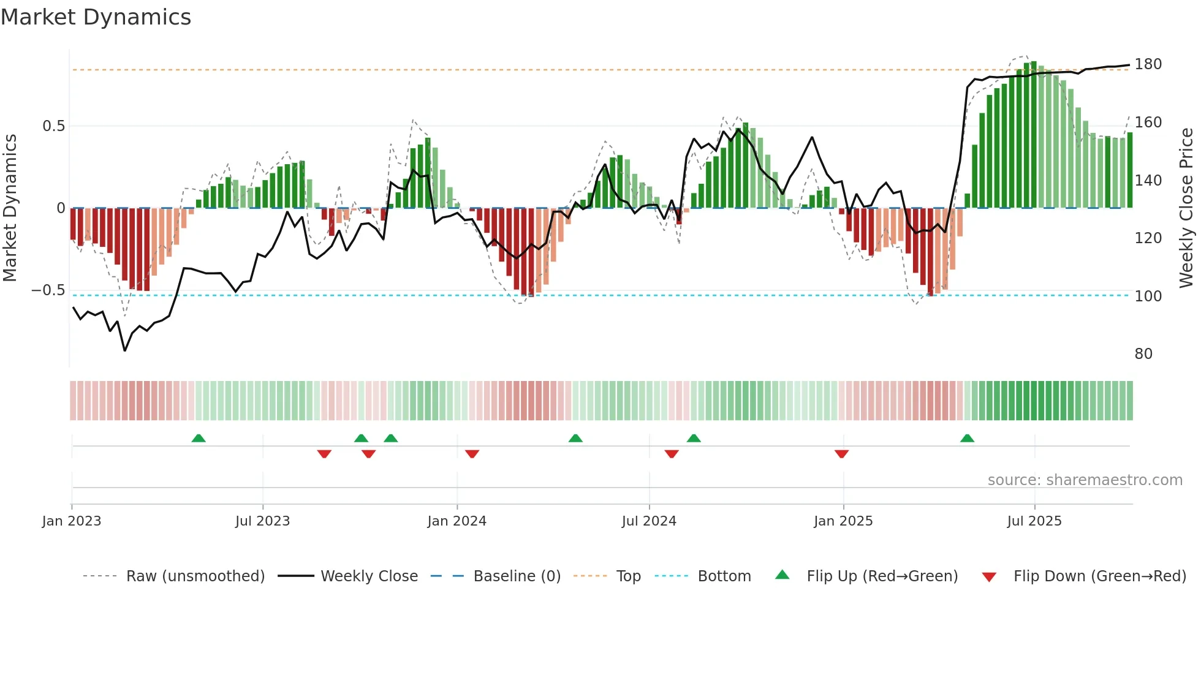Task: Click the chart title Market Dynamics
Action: click(96, 17)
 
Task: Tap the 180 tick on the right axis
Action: click(1148, 64)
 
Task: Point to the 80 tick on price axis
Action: click(1143, 354)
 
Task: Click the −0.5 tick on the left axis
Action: click(48, 290)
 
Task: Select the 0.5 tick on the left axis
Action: click(53, 126)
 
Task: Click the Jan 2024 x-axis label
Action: click(457, 521)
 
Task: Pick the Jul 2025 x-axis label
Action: click(1034, 521)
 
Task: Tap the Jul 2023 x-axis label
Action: click(262, 521)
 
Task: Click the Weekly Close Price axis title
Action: click(1186, 208)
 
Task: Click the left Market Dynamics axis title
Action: click(10, 208)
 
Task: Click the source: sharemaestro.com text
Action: click(1085, 480)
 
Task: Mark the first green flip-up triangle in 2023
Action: click(199, 439)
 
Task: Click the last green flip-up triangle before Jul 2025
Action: click(967, 439)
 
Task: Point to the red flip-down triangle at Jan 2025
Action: click(841, 454)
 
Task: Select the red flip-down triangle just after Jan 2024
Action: click(472, 454)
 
